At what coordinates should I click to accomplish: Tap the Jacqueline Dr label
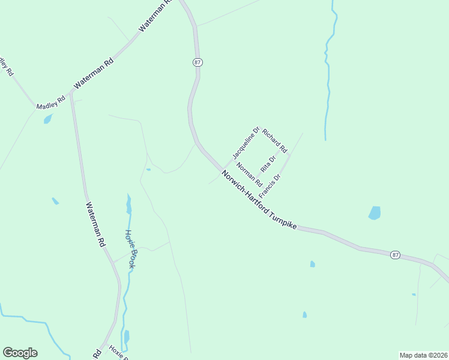(x=246, y=143)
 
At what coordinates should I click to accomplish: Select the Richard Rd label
(x=275, y=140)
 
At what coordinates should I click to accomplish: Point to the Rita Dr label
(x=268, y=163)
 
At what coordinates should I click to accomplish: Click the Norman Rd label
(x=249, y=174)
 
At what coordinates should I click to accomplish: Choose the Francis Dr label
(x=270, y=186)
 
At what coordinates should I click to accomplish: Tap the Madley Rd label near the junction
(x=50, y=103)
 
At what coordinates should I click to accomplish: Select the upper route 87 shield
(x=198, y=62)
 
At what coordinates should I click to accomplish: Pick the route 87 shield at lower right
(x=394, y=255)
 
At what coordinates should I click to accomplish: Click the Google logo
(x=20, y=353)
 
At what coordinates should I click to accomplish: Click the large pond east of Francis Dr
(x=375, y=213)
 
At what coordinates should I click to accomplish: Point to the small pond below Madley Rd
(x=48, y=119)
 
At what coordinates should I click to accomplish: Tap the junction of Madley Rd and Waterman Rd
(x=71, y=93)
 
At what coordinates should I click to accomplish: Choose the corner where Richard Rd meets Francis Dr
(x=289, y=155)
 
